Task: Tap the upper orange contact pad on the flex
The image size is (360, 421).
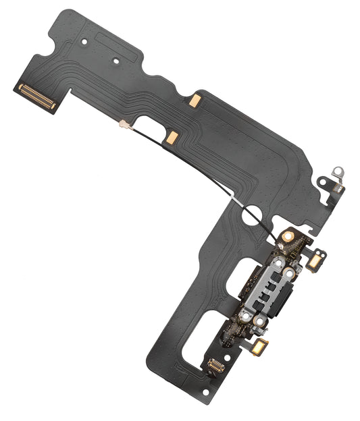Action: (x=194, y=101)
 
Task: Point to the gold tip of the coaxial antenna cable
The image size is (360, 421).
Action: (x=124, y=124)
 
